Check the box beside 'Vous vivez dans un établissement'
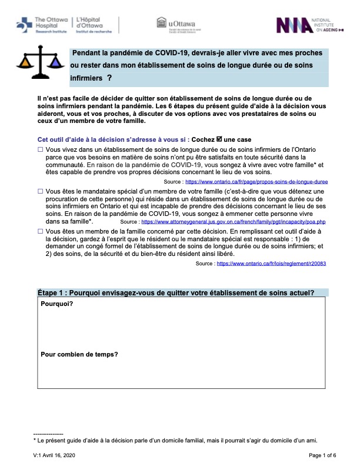(41, 151)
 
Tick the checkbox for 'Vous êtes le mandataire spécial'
(41, 192)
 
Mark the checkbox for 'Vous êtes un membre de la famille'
(41, 233)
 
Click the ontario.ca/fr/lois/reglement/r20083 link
(271, 264)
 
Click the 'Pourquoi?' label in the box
(57, 304)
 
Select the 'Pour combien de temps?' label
(79, 354)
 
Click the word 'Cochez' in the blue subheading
(204, 139)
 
